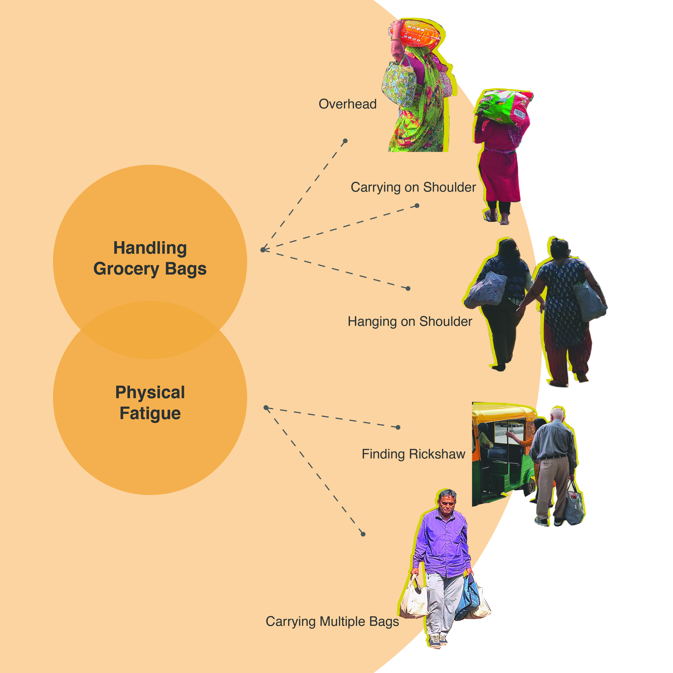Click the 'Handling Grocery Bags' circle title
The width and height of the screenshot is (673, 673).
(150, 258)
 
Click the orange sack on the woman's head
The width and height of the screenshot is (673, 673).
(416, 34)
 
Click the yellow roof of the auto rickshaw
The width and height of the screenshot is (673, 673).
(502, 411)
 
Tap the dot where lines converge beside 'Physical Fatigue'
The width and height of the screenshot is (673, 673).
(266, 408)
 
